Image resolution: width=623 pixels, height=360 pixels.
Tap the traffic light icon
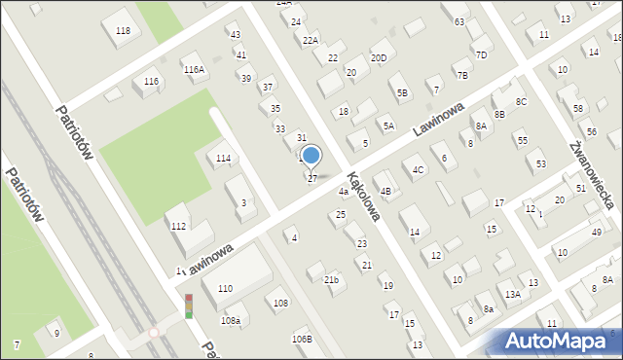point(189,306)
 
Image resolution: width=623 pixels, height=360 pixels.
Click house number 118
point(123,31)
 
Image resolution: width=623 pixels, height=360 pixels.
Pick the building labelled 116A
point(194,69)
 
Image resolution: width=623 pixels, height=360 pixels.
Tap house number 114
point(223,158)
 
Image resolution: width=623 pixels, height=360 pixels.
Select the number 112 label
point(178,226)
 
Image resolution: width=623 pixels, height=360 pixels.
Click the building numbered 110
point(225,288)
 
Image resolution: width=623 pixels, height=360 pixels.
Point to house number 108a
point(231,319)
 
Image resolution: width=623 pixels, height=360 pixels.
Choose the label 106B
point(302,339)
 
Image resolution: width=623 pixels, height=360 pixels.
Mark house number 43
point(235,34)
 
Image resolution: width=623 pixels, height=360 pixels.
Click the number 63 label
point(458,21)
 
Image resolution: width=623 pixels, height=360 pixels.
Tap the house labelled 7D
point(481,54)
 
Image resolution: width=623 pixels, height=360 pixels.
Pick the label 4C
point(419,170)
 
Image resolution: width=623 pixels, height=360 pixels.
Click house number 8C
point(521,101)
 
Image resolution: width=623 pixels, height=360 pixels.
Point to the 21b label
point(332,280)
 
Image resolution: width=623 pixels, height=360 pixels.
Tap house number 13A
point(512,293)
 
